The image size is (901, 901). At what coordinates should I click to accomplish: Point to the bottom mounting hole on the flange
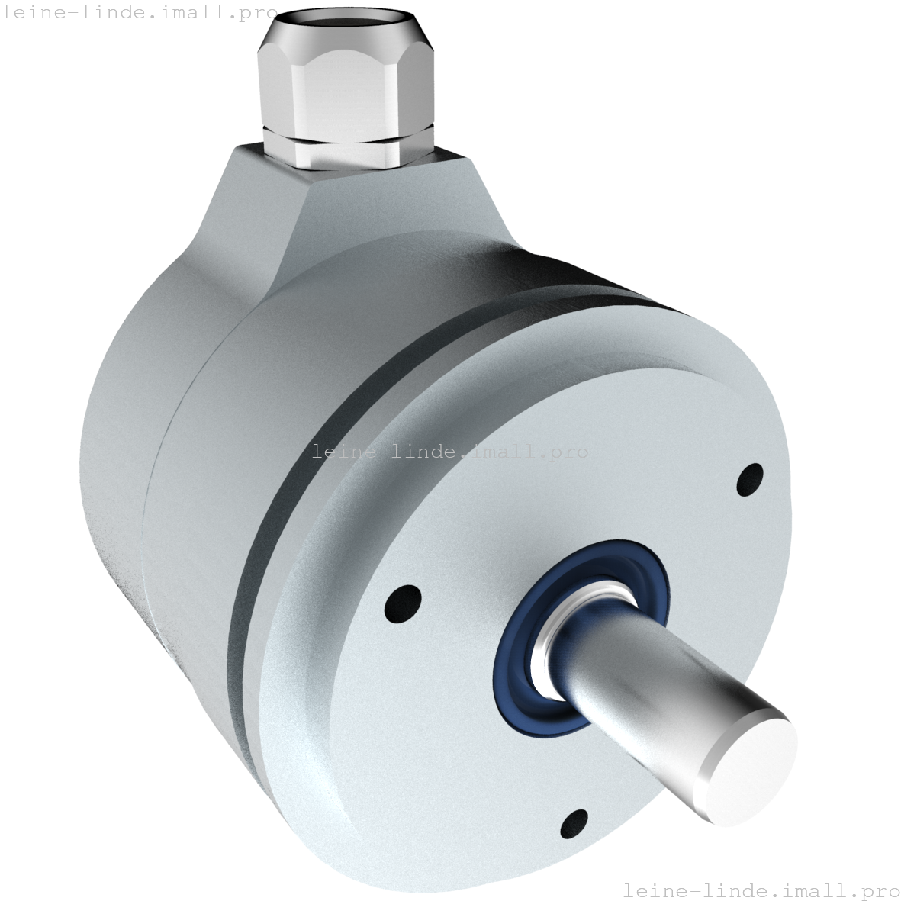[574, 825]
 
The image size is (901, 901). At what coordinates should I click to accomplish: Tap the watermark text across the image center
[450, 452]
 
